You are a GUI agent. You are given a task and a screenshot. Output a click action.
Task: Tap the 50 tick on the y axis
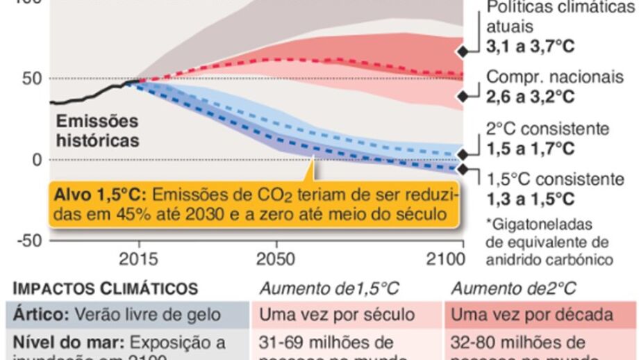pyautogui.click(x=31, y=78)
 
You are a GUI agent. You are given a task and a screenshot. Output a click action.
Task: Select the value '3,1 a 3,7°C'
pyautogui.click(x=531, y=47)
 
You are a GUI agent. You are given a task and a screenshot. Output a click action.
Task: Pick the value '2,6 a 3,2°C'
pyautogui.click(x=531, y=97)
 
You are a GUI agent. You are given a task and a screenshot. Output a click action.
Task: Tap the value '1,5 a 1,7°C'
pyautogui.click(x=531, y=149)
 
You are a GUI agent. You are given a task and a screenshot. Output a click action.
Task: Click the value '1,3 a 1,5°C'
pyautogui.click(x=531, y=199)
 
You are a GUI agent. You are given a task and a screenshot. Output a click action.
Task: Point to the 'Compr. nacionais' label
pyautogui.click(x=554, y=77)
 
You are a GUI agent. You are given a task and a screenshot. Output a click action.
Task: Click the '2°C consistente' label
pyautogui.click(x=548, y=129)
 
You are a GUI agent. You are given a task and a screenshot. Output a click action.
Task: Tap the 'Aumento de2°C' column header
pyautogui.click(x=513, y=288)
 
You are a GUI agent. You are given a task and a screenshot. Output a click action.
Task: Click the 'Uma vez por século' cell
pyautogui.click(x=336, y=315)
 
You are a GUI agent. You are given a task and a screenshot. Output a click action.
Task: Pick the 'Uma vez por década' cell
pyautogui.click(x=532, y=315)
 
